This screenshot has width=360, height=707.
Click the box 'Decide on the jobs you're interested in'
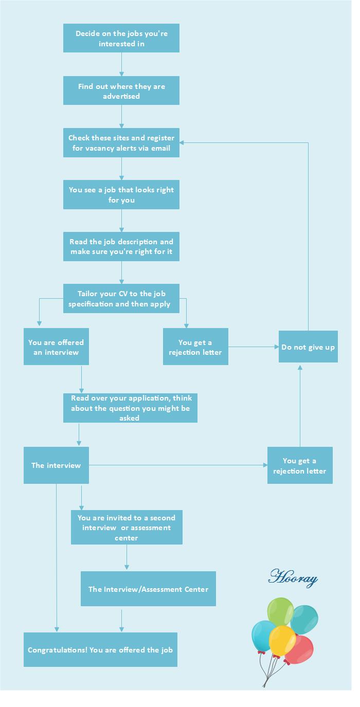tap(121, 38)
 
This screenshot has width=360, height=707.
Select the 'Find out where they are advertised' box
tap(121, 90)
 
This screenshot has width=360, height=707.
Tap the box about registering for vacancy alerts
tap(121, 142)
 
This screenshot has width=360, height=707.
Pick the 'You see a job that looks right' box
tap(121, 194)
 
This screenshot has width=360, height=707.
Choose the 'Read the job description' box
tap(121, 246)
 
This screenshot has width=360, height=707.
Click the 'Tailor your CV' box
tap(121, 298)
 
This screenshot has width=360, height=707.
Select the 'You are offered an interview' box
tap(56, 347)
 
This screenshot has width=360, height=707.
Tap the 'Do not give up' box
tap(308, 347)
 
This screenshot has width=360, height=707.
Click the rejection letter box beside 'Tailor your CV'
tap(195, 347)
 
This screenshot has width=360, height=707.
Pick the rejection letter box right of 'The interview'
tap(300, 465)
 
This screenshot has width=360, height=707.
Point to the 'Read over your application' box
tap(130, 408)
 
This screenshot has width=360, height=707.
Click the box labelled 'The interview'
tap(56, 465)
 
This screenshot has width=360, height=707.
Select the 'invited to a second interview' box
tap(127, 527)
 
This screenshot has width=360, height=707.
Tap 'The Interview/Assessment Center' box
tap(148, 589)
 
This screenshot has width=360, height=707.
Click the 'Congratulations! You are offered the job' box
tap(100, 649)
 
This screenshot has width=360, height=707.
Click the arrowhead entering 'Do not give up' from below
tap(300, 367)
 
